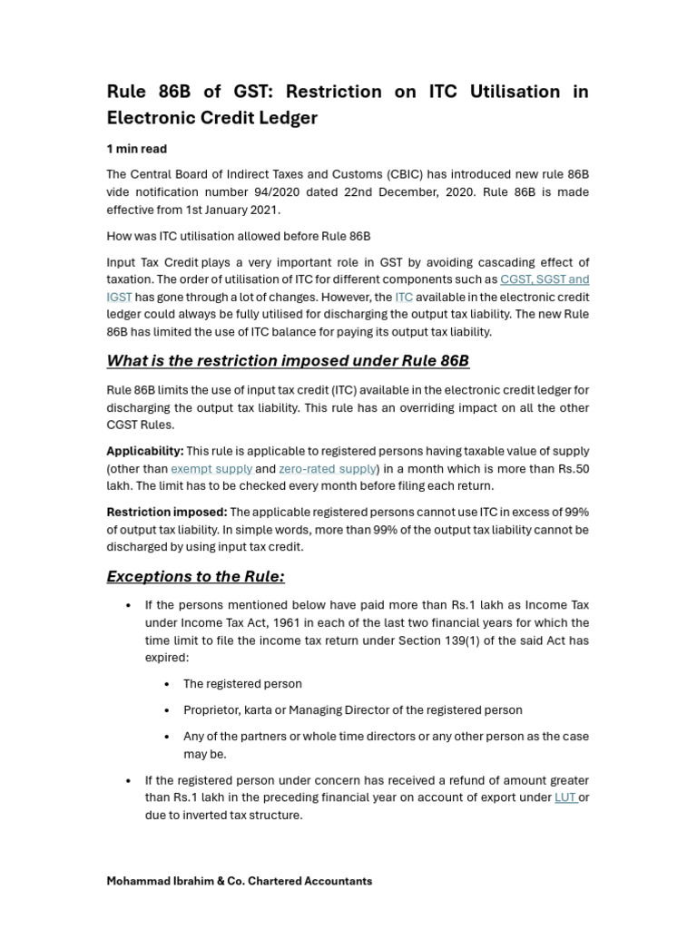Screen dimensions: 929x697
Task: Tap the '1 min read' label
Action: tap(137, 149)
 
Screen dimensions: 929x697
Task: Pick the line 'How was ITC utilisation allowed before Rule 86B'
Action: tap(239, 236)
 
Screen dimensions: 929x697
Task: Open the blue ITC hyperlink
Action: tap(404, 297)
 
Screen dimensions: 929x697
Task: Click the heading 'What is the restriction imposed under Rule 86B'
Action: tap(288, 361)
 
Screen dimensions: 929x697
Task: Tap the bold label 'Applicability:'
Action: tap(145, 451)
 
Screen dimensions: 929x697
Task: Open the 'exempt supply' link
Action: tap(211, 469)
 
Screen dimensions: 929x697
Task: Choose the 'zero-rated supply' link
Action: tap(327, 469)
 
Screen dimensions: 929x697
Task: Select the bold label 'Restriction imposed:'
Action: tap(167, 513)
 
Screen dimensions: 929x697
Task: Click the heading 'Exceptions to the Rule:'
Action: tap(195, 577)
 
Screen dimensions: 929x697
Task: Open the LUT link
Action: tap(564, 797)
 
